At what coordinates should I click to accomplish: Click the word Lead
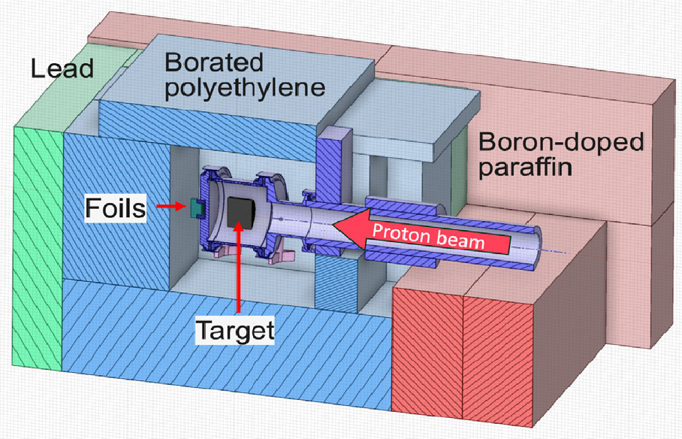coord(62,68)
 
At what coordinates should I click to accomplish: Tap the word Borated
coord(214,62)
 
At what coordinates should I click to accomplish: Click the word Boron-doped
coord(561,142)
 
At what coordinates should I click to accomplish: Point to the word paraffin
coord(525,167)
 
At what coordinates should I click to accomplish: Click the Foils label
coord(116,208)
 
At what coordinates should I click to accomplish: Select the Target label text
coord(235,330)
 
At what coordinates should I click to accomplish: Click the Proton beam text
coord(428,237)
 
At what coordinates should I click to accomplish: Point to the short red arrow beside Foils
coord(171,206)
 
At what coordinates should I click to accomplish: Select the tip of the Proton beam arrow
coord(332,225)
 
